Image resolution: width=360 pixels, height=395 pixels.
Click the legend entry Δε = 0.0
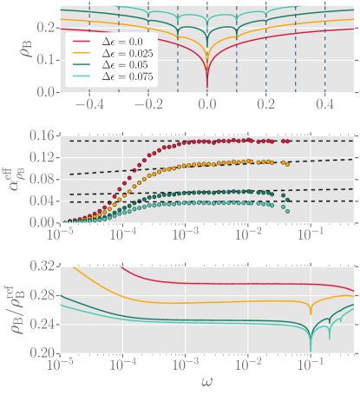(111, 42)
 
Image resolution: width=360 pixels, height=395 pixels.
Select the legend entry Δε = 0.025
(111, 54)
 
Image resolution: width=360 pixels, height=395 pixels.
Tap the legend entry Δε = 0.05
(111, 66)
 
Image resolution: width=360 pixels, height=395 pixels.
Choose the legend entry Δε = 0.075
(111, 79)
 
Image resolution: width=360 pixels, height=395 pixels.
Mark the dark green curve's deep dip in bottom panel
(311, 350)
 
